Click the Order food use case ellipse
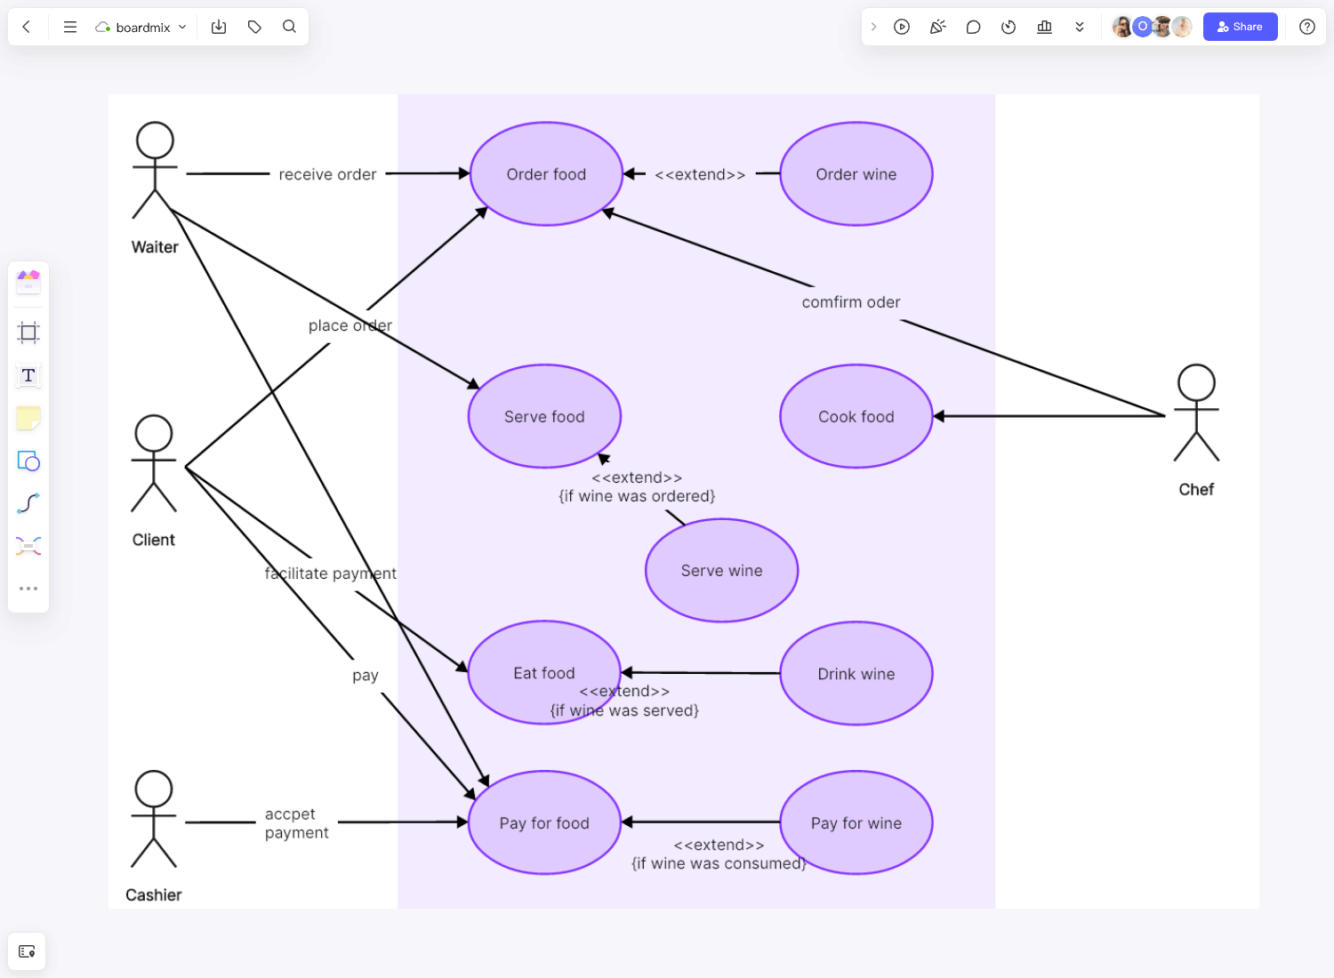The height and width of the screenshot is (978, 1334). [x=546, y=174]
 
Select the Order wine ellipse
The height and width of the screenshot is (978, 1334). [x=856, y=174]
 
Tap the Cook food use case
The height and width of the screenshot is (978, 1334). [x=856, y=416]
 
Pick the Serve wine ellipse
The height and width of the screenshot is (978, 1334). [x=721, y=571]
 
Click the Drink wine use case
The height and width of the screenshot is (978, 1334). [x=856, y=674]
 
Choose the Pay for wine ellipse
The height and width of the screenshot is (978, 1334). [x=856, y=823]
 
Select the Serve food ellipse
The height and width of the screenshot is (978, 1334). [x=544, y=416]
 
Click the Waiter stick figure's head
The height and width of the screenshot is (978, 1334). [x=155, y=140]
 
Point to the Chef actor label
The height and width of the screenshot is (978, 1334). [x=1196, y=490]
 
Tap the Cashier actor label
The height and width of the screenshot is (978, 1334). [x=153, y=895]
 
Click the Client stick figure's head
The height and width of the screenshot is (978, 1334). [x=154, y=433]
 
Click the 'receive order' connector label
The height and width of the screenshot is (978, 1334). [x=327, y=174]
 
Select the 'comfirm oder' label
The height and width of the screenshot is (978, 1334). [x=851, y=302]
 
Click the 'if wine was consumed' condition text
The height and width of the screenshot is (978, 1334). [x=719, y=863]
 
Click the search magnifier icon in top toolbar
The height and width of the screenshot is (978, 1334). [x=289, y=27]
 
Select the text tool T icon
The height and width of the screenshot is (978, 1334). [x=28, y=375]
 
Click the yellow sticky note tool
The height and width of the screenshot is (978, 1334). [x=28, y=418]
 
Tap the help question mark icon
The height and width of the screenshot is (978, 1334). [x=1306, y=27]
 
